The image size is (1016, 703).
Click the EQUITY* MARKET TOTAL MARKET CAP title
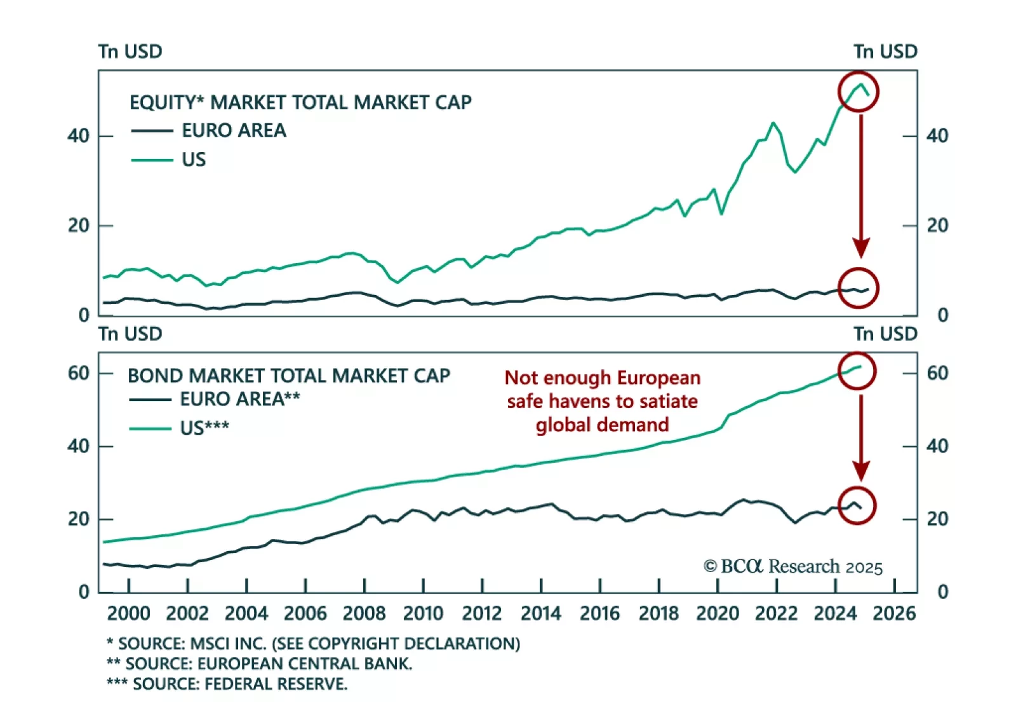tap(300, 102)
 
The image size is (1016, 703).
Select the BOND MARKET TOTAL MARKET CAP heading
tap(289, 376)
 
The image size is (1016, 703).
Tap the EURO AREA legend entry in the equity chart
tap(234, 130)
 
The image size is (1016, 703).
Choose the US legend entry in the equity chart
tap(194, 159)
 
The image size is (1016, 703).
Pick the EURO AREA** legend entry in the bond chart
tap(239, 399)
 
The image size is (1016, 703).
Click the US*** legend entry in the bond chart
tap(204, 428)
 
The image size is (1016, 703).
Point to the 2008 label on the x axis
tap(364, 613)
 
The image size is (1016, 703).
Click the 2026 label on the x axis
tap(894, 613)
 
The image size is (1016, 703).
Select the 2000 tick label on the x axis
tap(129, 613)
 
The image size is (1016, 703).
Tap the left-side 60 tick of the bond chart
tap(79, 373)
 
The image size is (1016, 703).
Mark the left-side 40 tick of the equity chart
tap(79, 136)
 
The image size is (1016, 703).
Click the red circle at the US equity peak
tap(859, 92)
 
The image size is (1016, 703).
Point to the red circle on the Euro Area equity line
tap(859, 288)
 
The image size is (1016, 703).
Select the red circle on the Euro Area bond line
tap(857, 505)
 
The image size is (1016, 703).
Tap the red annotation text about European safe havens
tap(602, 401)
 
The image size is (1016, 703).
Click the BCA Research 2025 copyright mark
tap(792, 566)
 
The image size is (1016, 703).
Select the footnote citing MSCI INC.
tap(313, 643)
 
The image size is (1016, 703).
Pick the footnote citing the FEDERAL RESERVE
tap(227, 684)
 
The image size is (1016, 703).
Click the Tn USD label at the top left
tap(130, 51)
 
